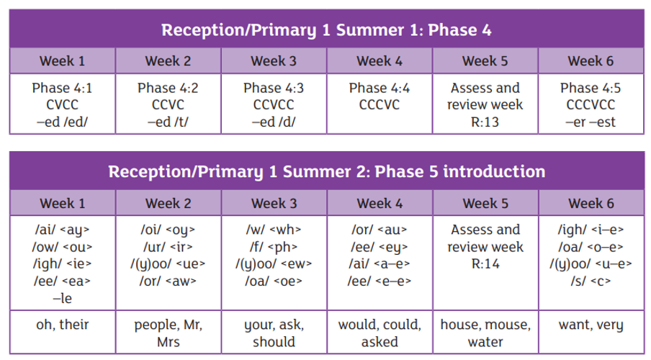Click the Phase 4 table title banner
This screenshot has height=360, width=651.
[x=326, y=29]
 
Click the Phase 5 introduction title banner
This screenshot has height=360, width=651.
[x=326, y=171]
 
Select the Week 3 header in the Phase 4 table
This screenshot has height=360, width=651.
[x=274, y=61]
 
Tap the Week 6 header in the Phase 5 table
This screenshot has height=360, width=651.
[x=591, y=203]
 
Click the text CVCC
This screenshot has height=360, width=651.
[x=62, y=104]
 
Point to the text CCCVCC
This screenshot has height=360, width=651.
[x=591, y=104]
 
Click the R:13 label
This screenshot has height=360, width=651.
[x=485, y=122]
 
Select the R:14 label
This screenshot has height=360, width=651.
[x=485, y=264]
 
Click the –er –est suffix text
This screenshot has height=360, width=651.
[x=591, y=122]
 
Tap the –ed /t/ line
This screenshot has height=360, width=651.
[x=168, y=122]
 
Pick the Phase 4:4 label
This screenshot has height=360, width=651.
[x=380, y=88]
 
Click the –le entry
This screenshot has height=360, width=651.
[x=62, y=298]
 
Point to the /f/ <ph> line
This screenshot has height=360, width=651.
[x=274, y=247]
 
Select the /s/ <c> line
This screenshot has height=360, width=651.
[x=591, y=281]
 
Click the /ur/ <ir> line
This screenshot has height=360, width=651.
[x=168, y=247]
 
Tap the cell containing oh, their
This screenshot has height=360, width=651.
[x=63, y=332]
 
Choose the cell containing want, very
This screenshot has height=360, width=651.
[x=591, y=332]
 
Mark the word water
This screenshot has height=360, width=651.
[x=485, y=342]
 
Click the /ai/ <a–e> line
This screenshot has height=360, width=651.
[x=380, y=264]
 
